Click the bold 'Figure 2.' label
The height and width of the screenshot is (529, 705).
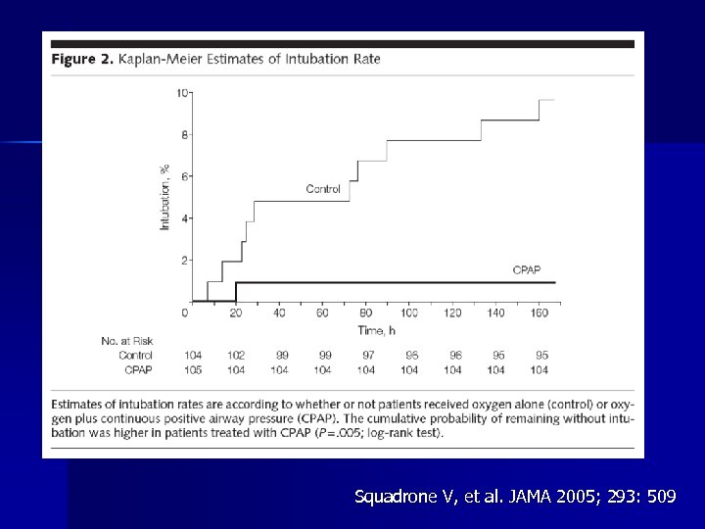(x=81, y=59)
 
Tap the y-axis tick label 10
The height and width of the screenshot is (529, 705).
(x=182, y=93)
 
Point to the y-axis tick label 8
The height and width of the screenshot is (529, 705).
(x=185, y=135)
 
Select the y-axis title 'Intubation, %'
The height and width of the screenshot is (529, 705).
(x=164, y=197)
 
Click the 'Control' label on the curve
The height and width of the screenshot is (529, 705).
(x=323, y=189)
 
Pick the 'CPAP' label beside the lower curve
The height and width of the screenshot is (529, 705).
(x=527, y=268)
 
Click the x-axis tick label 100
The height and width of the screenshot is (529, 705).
(x=409, y=313)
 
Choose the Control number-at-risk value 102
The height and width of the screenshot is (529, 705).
(x=236, y=355)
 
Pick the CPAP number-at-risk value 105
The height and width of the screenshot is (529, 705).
(x=193, y=369)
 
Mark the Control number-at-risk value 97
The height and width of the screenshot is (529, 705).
(x=366, y=355)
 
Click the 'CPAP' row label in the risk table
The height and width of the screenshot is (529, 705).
(x=138, y=369)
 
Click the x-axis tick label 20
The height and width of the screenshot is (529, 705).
(x=236, y=313)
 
